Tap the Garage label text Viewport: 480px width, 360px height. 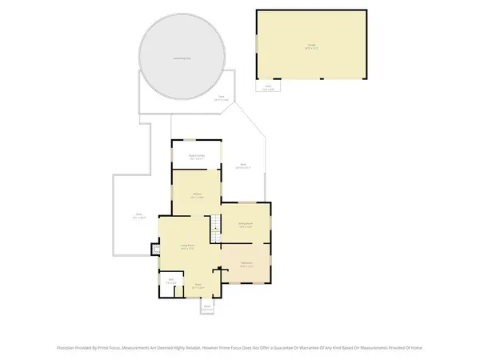tap(308, 47)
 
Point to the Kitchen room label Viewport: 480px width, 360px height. tap(195, 194)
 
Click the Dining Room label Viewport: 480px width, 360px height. tap(246, 225)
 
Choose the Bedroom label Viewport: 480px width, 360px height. tap(246, 265)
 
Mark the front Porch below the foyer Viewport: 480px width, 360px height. tap(207, 306)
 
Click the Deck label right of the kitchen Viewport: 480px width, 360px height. tap(243, 167)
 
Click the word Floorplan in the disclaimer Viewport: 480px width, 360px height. tap(66, 348)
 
